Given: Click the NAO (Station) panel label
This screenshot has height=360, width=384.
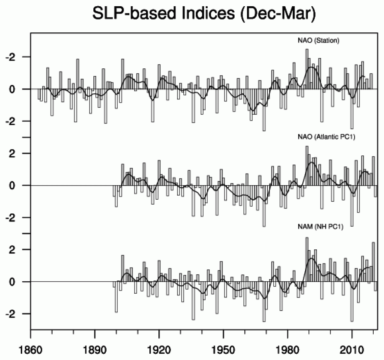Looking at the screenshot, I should coord(311,41).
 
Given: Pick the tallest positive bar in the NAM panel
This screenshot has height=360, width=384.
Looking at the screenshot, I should coord(307,259).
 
